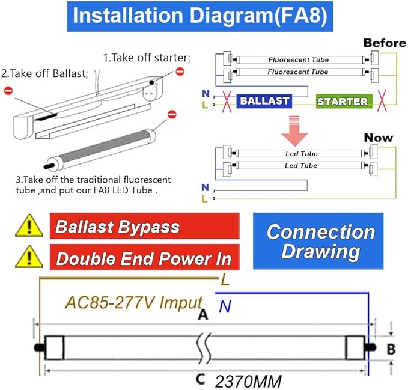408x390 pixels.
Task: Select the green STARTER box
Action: point(342,101)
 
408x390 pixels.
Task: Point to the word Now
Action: point(378,138)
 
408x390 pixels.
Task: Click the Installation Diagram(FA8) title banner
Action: point(199,16)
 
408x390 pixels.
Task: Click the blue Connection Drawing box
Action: point(320,240)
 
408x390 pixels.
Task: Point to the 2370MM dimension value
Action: point(248,381)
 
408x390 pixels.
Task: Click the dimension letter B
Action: point(391,349)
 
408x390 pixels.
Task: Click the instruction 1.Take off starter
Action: point(147,58)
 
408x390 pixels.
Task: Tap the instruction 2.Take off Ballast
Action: point(45,73)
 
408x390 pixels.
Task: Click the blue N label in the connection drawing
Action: point(225,307)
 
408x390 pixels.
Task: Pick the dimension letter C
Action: point(201,380)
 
